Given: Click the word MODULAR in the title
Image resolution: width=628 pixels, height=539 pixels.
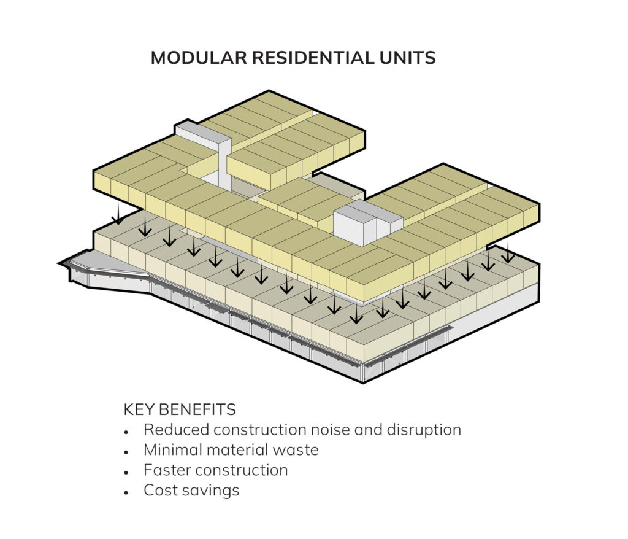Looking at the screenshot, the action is [x=199, y=58].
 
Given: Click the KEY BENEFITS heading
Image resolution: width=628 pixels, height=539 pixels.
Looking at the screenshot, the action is [x=180, y=409].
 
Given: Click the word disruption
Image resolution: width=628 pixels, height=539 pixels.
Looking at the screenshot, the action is [x=424, y=430].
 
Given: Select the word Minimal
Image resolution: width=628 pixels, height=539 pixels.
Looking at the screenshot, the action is [x=172, y=449].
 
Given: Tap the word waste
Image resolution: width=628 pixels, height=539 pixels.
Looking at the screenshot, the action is [x=296, y=450].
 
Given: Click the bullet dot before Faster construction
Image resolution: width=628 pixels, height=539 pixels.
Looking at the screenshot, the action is [x=126, y=472].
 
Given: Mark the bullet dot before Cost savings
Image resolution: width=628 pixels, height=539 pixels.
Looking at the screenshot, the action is [x=126, y=492].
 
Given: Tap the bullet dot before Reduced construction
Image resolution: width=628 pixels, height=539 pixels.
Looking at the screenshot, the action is [x=126, y=432].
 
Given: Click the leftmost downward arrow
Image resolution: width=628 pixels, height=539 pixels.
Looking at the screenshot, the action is [x=118, y=214].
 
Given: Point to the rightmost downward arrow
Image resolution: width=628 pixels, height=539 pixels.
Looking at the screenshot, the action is [x=508, y=252].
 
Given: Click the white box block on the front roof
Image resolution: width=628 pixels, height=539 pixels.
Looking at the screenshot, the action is [x=368, y=222].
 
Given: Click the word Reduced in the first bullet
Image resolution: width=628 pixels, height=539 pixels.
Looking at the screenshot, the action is [x=176, y=430].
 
